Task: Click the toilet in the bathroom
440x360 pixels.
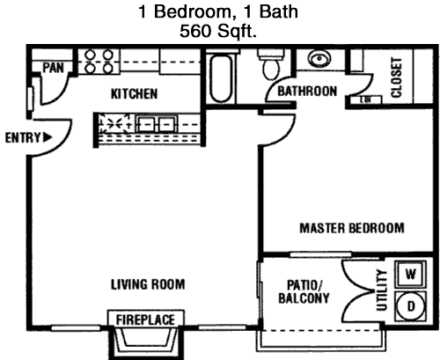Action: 271,63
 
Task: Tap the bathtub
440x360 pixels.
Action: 221,77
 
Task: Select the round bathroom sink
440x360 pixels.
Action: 319,59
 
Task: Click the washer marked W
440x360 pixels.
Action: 411,274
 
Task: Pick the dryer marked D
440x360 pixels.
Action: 411,306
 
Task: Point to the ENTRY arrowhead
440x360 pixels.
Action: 48,137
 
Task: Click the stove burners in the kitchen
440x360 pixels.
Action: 99,62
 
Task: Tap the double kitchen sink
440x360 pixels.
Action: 158,124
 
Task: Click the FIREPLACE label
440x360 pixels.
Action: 145,320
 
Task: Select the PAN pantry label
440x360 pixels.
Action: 53,68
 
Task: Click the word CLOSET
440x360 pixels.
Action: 396,77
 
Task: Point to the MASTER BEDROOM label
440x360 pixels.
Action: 352,228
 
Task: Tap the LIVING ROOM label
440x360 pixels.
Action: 148,284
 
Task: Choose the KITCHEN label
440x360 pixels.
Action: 134,94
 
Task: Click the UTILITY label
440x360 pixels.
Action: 382,290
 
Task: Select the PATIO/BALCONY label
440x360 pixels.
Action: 304,291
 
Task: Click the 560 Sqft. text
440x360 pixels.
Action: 218,31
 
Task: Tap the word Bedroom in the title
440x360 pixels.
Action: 193,11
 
